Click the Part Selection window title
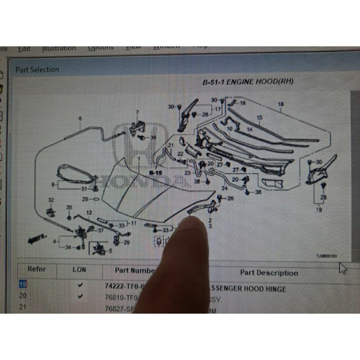(37, 69)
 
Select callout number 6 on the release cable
(80, 119)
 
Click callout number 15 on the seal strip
(259, 117)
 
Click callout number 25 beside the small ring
(85, 198)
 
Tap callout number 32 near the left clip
(51, 200)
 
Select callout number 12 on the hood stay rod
(89, 212)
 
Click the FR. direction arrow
(36, 238)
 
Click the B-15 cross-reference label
(155, 172)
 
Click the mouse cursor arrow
(343, 269)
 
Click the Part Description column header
(269, 272)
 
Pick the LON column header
(80, 270)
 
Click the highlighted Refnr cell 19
(22, 284)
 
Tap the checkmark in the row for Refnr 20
(80, 296)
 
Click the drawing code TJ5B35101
(326, 256)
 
